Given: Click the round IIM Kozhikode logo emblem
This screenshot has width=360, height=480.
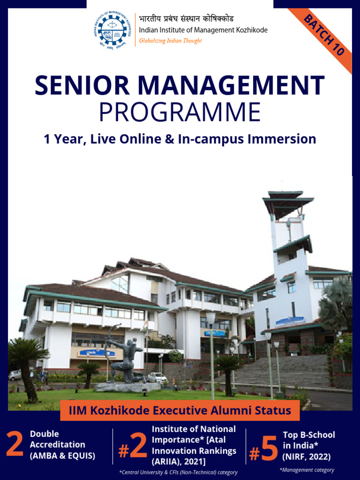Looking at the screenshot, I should pos(112,30).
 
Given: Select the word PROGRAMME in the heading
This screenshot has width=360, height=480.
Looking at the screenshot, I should pos(180,112).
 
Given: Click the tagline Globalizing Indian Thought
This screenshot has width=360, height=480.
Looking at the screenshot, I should pos(171,41).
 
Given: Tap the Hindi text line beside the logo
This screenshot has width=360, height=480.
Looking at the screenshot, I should pos(186,19).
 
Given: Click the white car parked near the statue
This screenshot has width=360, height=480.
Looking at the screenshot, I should pos(157,377).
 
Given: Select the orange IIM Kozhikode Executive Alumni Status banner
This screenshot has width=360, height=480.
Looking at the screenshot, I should pos(180,411).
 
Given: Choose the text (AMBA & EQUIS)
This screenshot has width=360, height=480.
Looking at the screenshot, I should pos(62,455).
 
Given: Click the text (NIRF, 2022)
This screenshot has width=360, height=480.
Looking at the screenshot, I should pos(307,456).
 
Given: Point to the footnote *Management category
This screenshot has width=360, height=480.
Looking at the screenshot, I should pos(307,470).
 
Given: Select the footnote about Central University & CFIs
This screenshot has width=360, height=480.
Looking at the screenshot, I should pos(178,472).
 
